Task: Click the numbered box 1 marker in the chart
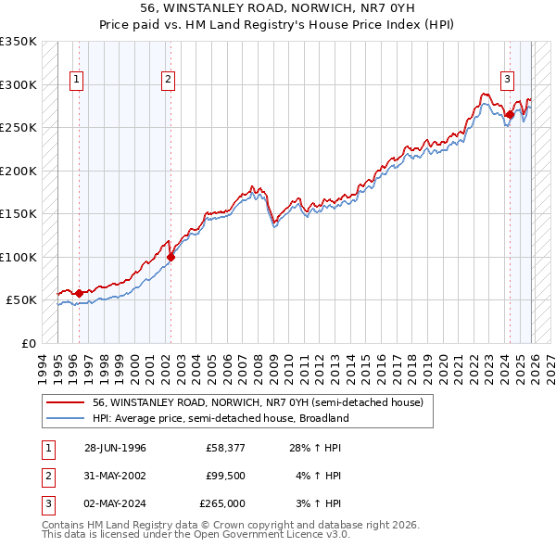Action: (x=75, y=81)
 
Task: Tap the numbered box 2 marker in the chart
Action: (x=168, y=81)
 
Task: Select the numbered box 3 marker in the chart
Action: (x=508, y=81)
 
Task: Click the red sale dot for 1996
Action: (x=79, y=293)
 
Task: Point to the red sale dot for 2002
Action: (x=171, y=258)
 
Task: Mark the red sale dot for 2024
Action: (x=510, y=115)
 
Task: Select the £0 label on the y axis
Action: (x=28, y=343)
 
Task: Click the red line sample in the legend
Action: (x=65, y=402)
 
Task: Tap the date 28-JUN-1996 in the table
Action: (x=115, y=448)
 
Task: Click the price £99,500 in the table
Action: (x=225, y=476)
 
